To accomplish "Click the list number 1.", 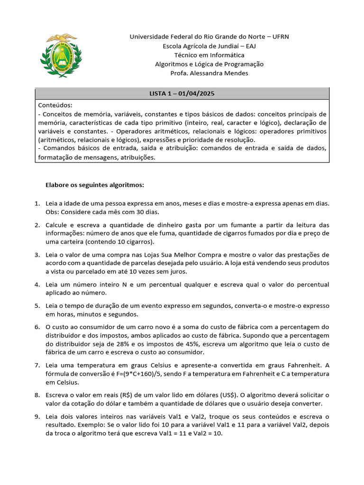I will [x=37, y=204].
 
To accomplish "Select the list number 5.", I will [x=37, y=306].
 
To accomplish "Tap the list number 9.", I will [x=37, y=416].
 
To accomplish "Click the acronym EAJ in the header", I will [x=248, y=46].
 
